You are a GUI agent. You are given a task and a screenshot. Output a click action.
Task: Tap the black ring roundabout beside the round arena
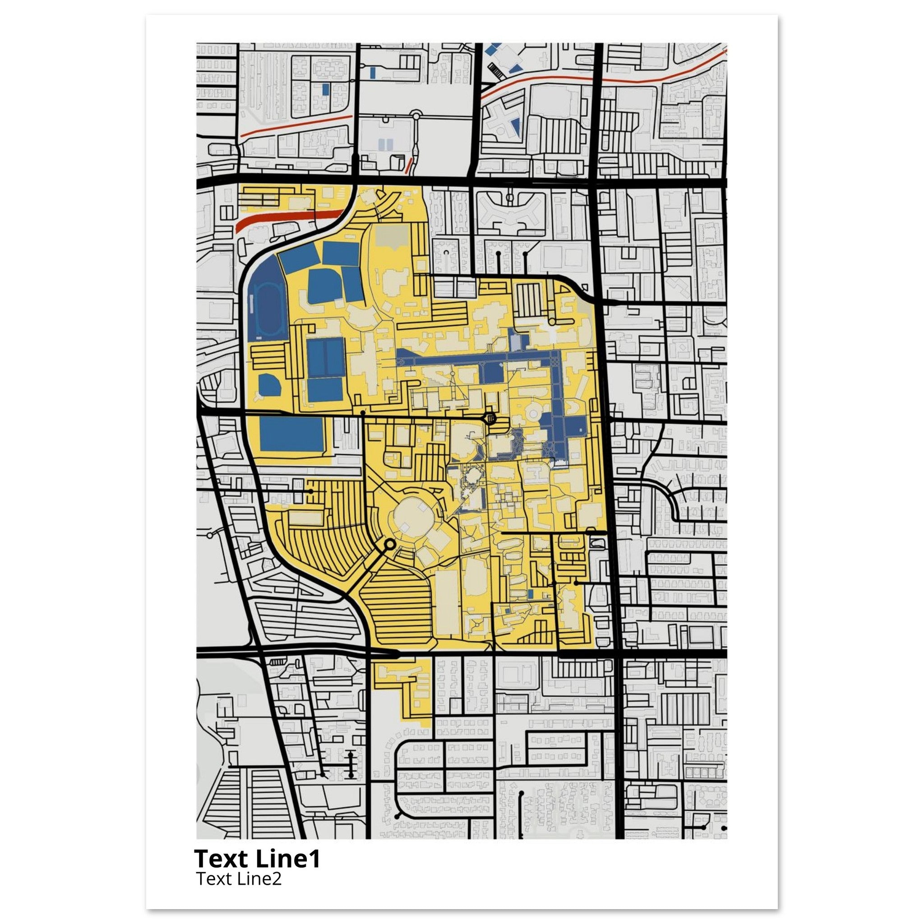pos(389,544)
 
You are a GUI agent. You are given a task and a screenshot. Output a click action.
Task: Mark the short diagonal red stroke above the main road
pos(409,165)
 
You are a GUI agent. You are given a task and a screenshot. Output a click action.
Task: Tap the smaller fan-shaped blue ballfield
pos(269,384)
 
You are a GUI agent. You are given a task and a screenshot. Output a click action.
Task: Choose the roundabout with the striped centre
pos(490,419)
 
